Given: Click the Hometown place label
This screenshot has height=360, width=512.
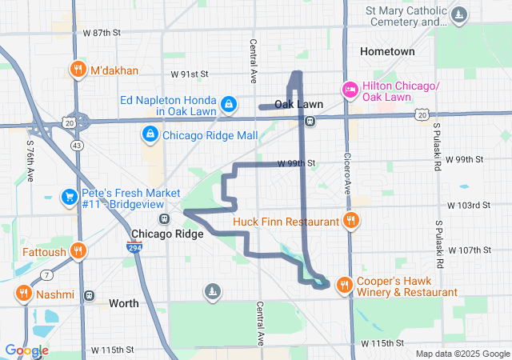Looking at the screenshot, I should click(387, 51).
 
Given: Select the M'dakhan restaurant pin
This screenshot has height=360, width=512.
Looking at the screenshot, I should click(78, 70).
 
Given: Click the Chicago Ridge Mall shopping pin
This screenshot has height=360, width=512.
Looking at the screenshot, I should click(150, 134).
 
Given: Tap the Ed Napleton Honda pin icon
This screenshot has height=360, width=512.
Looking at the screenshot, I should click(229, 103).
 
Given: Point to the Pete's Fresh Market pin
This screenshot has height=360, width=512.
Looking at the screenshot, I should click(70, 196).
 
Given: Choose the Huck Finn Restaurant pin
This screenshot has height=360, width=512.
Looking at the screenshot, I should click(350, 221).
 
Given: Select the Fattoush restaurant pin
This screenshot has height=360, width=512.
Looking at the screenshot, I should click(78, 250).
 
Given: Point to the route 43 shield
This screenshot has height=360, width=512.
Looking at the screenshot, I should click(77, 146).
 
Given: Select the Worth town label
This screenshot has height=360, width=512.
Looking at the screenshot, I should click(123, 303).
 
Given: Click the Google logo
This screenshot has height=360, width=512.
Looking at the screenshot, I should click(26, 350).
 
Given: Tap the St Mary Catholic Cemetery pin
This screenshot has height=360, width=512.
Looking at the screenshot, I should click(459, 14).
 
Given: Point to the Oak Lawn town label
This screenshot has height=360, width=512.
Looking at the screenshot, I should click(298, 104).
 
